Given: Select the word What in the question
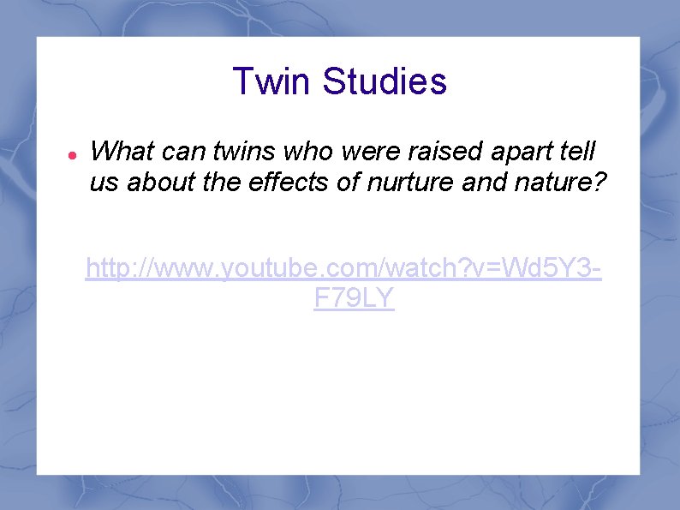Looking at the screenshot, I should [121, 153].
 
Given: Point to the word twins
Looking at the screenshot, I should [245, 153].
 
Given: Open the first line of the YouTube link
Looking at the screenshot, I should [343, 271].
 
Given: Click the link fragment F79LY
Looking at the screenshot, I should [354, 298].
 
